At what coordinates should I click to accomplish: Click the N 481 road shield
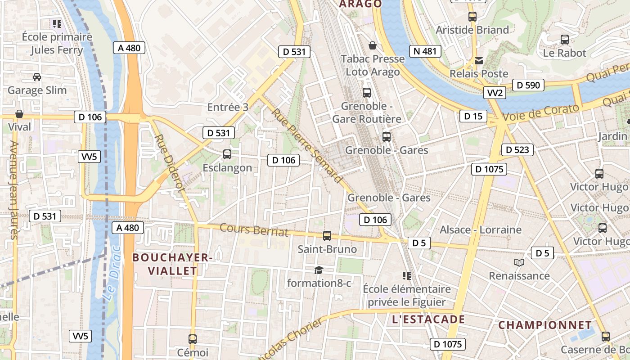point(425,51)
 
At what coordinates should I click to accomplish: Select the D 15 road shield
point(473,117)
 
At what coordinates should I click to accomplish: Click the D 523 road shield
point(517,150)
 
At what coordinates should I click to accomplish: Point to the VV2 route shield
point(495,93)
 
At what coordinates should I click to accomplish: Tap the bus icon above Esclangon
point(227,154)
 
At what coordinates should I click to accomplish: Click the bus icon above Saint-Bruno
point(327,235)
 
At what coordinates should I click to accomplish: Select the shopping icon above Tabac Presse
point(373,45)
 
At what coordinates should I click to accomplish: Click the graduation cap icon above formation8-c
point(319,270)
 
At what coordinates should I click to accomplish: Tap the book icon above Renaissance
point(519,262)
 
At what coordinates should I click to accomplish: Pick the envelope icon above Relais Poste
point(479,60)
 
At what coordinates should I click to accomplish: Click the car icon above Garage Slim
point(37,77)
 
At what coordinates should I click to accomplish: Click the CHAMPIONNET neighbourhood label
point(545,325)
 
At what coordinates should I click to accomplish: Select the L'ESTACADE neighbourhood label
point(428,319)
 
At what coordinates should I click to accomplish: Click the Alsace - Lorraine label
point(481,230)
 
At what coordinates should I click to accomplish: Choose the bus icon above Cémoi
point(193,339)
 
